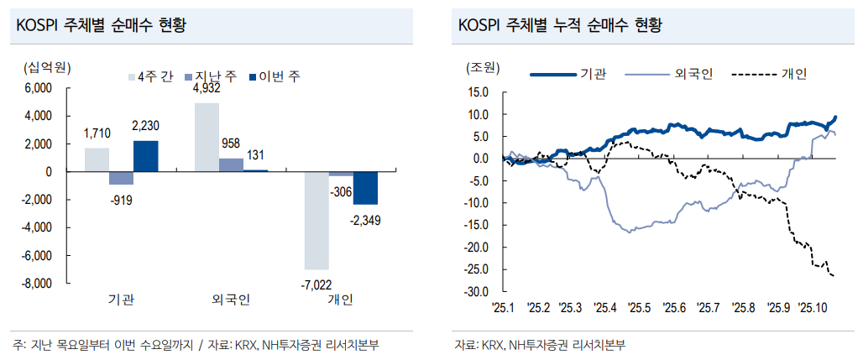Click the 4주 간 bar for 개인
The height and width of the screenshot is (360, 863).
pos(316,220)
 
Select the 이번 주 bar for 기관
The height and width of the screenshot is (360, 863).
pos(145,156)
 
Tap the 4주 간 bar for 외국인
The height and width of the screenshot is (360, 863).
pos(207,138)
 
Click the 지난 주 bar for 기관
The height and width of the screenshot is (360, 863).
pos(121,178)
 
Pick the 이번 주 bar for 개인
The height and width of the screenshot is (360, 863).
pos(365,188)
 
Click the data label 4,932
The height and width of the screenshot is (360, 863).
pos(207,88)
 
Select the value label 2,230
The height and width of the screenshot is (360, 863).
pos(145,126)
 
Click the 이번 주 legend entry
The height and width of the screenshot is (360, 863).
pos(275,76)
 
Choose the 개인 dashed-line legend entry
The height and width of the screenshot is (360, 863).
pos(769,75)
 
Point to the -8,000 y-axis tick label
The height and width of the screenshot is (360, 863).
pos(35,284)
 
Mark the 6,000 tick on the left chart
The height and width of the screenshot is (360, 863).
pos(39,88)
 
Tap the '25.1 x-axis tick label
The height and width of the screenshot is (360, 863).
pos(503,308)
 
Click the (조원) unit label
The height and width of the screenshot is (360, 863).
pos(480,67)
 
